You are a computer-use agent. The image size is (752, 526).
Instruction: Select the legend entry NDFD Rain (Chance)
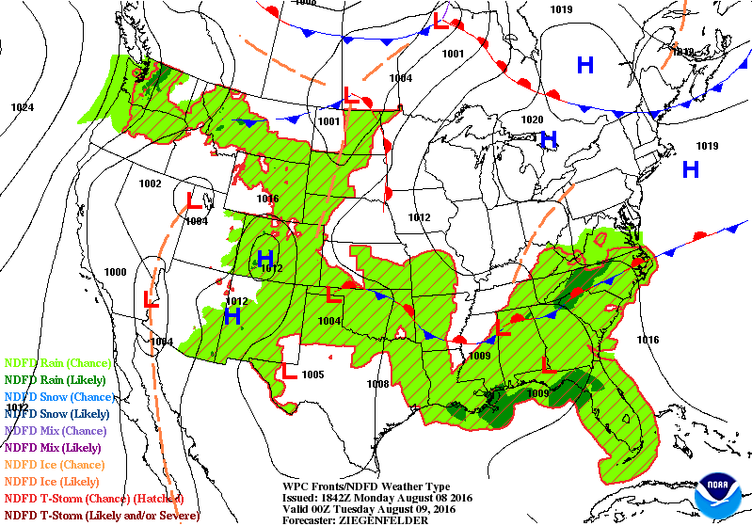click(58, 362)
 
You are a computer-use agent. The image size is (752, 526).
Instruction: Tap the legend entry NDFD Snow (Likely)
click(57, 413)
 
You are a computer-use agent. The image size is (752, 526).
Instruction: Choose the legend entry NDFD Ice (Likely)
click(54, 482)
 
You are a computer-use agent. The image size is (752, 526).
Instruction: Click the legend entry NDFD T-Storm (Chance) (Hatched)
click(93, 499)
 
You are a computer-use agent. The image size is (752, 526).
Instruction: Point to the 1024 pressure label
click(23, 107)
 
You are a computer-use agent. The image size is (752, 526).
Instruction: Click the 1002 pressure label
click(150, 183)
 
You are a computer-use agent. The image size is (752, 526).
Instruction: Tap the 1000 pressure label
click(115, 272)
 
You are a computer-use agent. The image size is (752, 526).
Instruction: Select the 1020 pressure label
click(532, 120)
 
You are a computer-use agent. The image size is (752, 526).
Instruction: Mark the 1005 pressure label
click(313, 375)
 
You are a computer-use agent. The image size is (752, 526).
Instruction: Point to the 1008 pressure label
click(377, 384)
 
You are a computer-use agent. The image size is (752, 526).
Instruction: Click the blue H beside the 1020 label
click(549, 139)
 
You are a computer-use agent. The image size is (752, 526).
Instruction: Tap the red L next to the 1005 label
click(290, 372)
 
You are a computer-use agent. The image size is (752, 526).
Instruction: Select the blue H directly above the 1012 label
click(266, 256)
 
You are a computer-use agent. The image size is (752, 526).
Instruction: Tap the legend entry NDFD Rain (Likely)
click(56, 379)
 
